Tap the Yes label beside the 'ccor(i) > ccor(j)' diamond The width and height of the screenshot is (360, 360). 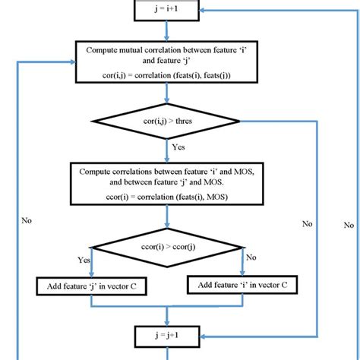coord(85,260)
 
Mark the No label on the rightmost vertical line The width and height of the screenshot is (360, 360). coord(349,225)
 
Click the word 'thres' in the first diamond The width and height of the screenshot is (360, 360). coord(207,122)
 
